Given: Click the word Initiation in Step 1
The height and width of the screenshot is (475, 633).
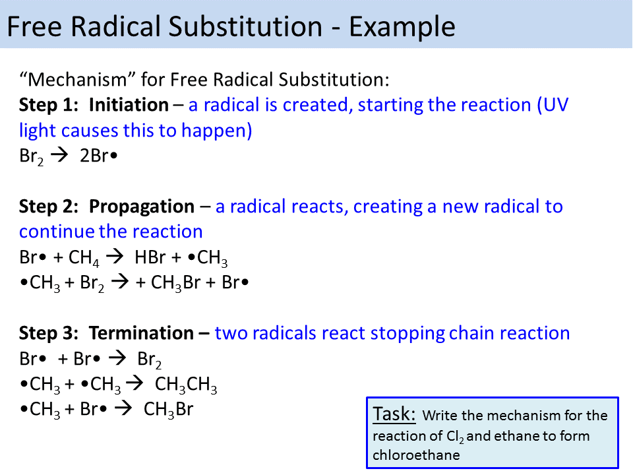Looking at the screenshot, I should click(x=129, y=105).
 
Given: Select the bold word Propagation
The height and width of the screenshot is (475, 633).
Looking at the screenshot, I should click(x=142, y=206).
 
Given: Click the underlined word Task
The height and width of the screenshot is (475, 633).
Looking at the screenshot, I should click(x=394, y=414).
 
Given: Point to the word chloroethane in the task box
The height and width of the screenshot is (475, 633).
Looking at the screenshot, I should click(x=416, y=455).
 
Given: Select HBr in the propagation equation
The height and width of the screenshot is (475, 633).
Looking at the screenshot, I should click(x=151, y=258).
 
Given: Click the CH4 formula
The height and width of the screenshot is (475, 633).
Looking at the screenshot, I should click(x=84, y=259).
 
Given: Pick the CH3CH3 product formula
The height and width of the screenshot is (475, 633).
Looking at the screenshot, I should click(x=186, y=385).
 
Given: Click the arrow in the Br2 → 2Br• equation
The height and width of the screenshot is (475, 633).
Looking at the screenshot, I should click(x=60, y=156).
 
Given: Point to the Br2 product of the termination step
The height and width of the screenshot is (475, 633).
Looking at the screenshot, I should click(x=150, y=360).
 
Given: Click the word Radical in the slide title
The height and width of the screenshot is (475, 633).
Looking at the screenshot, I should click(x=129, y=27).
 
